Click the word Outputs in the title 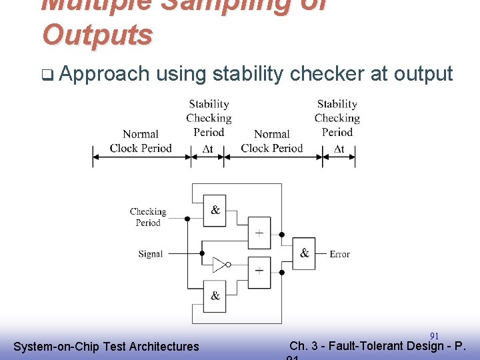tap(97, 34)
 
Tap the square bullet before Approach tap(46, 75)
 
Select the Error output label tap(339, 254)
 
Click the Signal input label tap(150, 254)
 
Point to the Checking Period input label tap(147, 217)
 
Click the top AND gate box tap(215, 211)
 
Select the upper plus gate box tap(259, 233)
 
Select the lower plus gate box tap(259, 272)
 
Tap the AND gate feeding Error tap(304, 253)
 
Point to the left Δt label tap(207, 148)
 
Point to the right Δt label tap(339, 148)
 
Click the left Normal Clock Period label tap(141, 141)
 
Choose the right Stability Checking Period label tap(337, 118)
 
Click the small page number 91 tap(434, 335)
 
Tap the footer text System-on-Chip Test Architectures tap(106, 347)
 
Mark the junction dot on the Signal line tap(202, 253)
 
